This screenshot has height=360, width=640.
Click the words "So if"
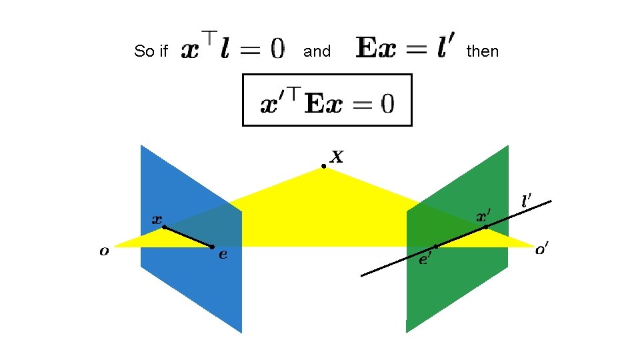tap(151, 51)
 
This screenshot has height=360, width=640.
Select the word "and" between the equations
tap(317, 51)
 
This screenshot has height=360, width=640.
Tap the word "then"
tap(482, 51)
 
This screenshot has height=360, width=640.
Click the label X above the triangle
tap(337, 157)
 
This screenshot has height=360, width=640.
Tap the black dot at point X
tap(323, 166)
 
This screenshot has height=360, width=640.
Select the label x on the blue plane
tap(157, 218)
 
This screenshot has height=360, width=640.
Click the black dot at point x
tap(164, 227)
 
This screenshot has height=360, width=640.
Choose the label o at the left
tap(104, 251)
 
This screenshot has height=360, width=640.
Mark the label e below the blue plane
tap(223, 254)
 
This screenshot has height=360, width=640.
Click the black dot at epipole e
tap(212, 247)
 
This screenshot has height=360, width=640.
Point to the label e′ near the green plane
tap(425, 259)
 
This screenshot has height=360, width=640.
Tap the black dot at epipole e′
tap(435, 247)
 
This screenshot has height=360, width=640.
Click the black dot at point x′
tap(485, 227)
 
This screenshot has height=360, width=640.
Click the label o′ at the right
tap(543, 251)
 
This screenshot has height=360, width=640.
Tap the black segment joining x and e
tap(188, 237)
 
